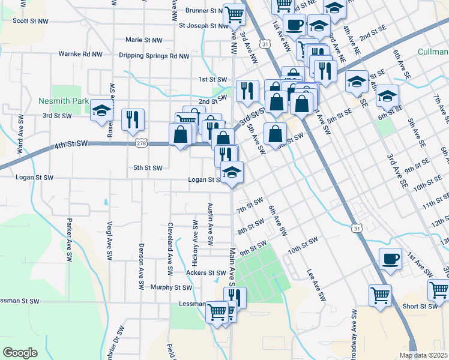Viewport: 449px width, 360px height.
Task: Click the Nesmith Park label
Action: coord(63,101)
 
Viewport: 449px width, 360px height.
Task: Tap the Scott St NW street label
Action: coord(30,20)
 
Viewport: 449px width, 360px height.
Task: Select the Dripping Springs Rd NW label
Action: coord(154,56)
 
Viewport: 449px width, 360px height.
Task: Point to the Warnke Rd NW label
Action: coord(80,53)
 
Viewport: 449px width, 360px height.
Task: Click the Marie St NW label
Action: coord(144,40)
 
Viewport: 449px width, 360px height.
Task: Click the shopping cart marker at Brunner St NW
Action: coord(234,13)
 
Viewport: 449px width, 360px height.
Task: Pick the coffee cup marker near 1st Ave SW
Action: coord(391,259)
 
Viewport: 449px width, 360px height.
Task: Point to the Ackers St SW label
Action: coord(188,272)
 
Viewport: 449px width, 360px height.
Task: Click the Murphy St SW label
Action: coord(172,287)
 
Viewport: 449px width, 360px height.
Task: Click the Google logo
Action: coord(20,353)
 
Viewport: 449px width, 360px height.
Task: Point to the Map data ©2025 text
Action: coord(423,355)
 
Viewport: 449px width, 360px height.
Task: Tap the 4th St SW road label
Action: coord(71,145)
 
